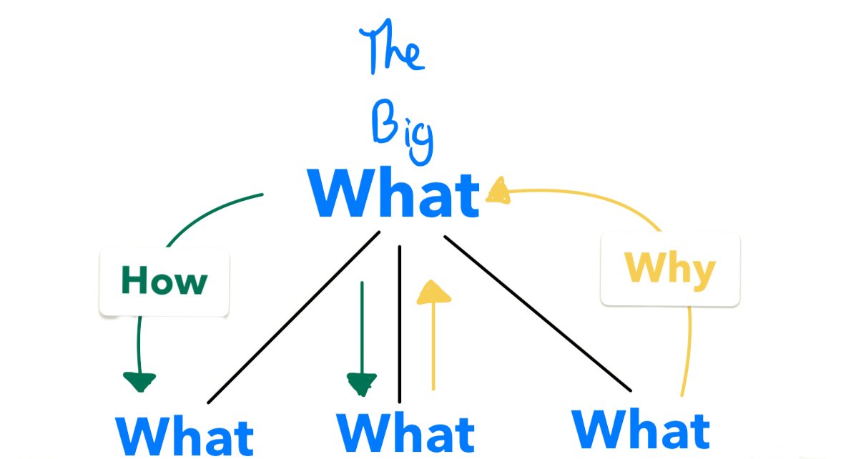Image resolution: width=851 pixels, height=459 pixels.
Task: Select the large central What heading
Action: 394,194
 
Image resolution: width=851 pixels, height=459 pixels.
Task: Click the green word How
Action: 164,281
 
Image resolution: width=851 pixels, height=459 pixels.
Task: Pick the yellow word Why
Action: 669,270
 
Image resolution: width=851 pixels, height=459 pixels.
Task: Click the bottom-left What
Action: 185,435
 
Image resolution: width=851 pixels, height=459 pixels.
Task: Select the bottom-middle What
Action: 405,434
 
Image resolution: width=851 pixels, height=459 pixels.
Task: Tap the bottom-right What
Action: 641,428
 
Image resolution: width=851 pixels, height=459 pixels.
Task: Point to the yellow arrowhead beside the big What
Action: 499,191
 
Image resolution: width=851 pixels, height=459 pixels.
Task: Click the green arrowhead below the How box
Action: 139,381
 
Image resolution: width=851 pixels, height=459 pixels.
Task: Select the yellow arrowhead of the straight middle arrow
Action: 433,293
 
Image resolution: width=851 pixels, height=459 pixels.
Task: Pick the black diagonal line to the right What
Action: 536,312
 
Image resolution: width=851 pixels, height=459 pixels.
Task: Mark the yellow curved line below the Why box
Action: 689,350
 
